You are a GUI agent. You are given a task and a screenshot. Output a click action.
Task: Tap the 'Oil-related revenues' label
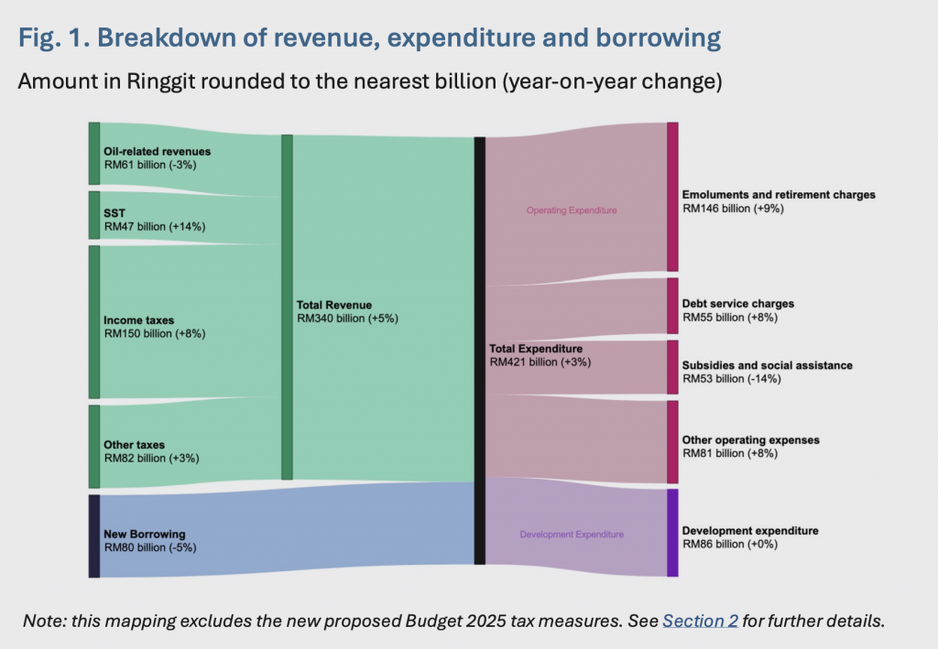pos(157,151)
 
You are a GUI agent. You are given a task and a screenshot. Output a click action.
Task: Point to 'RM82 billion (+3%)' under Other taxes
pos(151,458)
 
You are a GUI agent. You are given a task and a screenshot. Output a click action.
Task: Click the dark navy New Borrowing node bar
pos(93,535)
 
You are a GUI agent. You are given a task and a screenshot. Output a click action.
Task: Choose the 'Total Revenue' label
pos(334,305)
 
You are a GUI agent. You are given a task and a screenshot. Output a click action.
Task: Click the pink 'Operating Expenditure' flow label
pos(572,211)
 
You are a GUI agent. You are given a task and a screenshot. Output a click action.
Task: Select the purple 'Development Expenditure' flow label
pos(572,535)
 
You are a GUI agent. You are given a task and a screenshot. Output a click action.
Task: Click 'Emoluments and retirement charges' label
pos(779,195)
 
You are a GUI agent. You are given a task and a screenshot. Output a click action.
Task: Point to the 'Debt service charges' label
pos(737,304)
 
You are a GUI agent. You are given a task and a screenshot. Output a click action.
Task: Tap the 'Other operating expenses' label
pos(750,440)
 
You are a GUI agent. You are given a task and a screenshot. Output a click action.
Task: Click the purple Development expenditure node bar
pos(672,533)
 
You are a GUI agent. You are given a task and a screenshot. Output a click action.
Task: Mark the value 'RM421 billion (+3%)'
pos(540,362)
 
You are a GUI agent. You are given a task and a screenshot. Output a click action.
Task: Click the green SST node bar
pos(93,215)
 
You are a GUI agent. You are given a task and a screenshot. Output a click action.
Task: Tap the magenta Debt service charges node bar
pos(672,306)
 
